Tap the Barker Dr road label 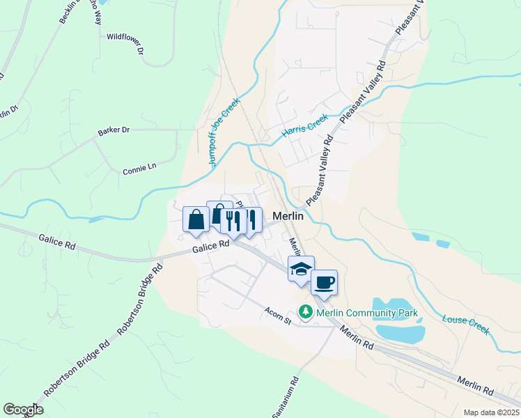pos(114,130)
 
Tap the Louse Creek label pos(466,324)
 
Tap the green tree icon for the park pos(305,313)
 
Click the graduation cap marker pos(301,270)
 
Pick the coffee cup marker pos(324,283)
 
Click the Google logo pos(23,410)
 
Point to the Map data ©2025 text pos(492,412)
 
